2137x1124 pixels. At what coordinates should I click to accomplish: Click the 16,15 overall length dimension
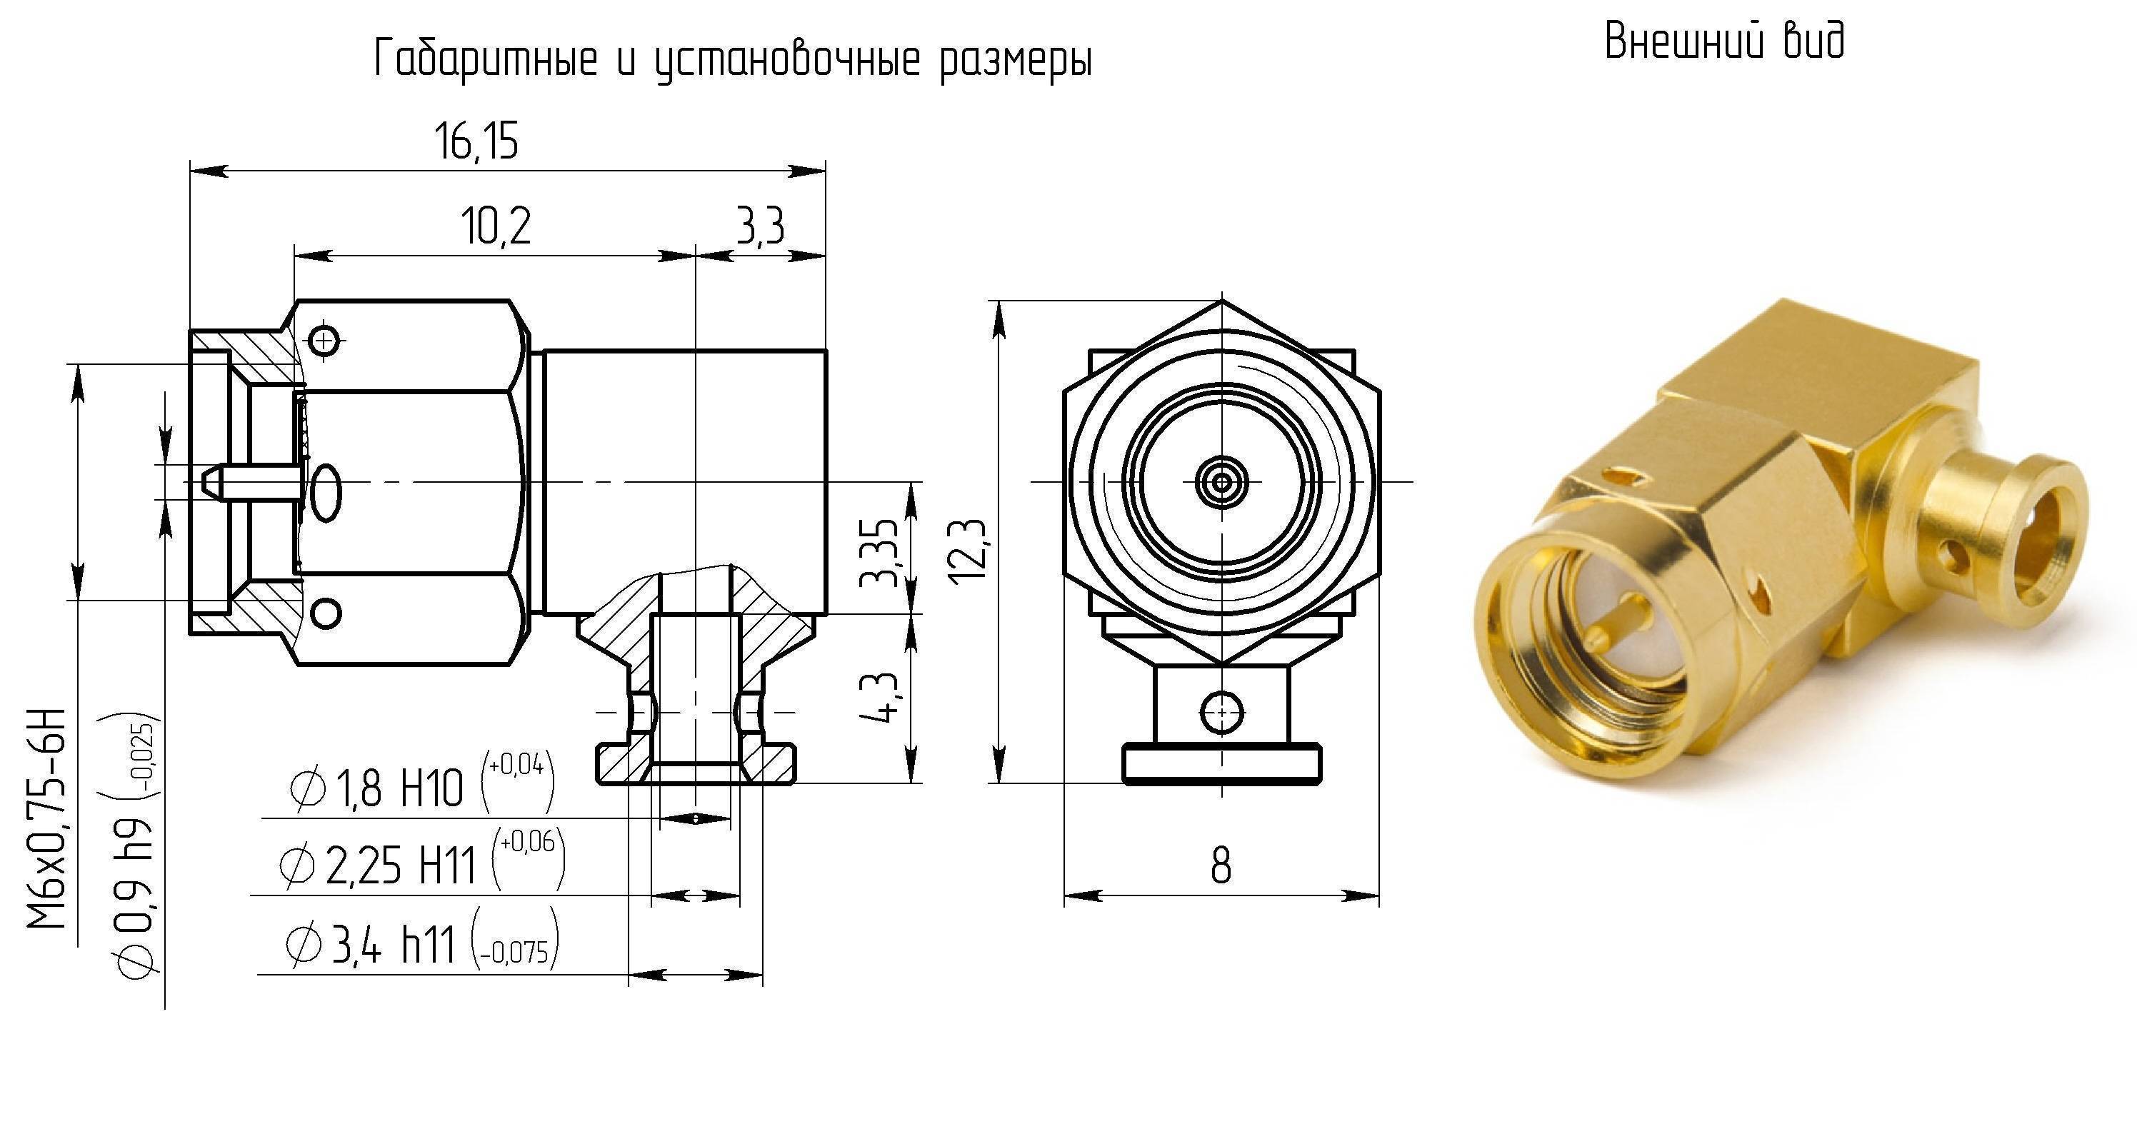(476, 141)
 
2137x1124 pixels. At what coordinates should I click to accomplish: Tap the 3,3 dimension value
(760, 226)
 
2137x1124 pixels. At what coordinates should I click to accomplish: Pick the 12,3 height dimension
(967, 551)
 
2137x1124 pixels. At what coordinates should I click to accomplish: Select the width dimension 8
(1221, 866)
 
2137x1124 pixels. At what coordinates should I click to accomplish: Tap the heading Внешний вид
(1724, 41)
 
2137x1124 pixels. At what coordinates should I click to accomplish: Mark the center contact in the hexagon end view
(1221, 481)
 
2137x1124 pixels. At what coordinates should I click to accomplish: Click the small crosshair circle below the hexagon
(1221, 711)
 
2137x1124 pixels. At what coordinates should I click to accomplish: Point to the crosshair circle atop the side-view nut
(324, 339)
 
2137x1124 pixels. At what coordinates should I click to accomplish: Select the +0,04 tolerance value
(516, 765)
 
